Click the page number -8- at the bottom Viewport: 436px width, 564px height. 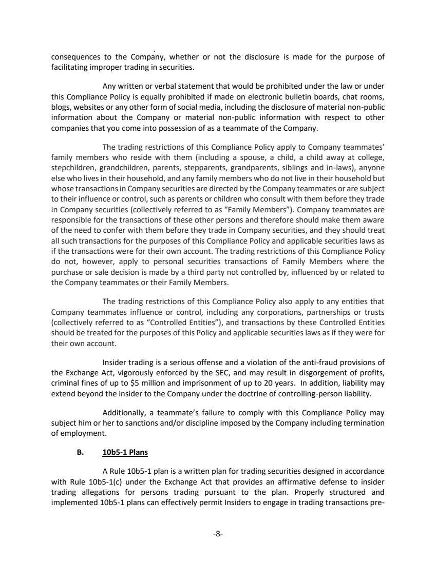tap(218, 534)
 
